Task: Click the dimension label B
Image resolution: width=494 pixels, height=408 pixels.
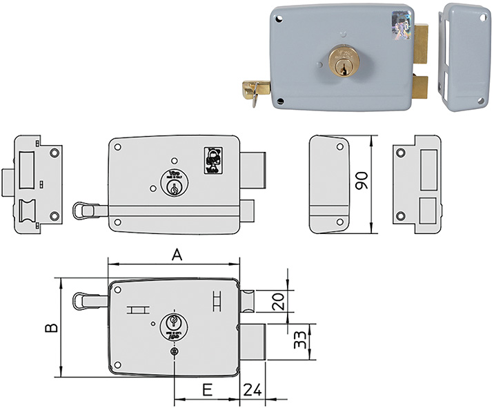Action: tap(50, 328)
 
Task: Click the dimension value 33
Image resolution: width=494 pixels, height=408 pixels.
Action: tap(299, 341)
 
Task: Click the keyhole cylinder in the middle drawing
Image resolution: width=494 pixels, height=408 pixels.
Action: tap(174, 183)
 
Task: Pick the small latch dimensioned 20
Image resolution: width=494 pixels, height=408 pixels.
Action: tap(247, 301)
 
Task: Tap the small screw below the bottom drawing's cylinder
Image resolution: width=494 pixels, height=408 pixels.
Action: tap(174, 351)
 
